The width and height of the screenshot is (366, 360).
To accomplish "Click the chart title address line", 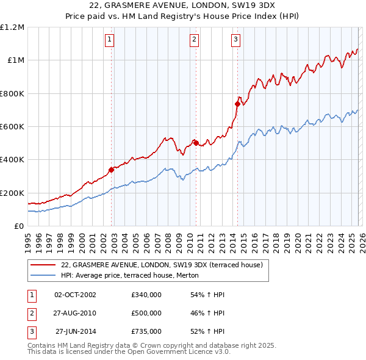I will [x=182, y=5].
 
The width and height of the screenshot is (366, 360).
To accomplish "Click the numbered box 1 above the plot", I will [x=109, y=40].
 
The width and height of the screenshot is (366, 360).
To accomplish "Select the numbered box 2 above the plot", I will [x=194, y=40].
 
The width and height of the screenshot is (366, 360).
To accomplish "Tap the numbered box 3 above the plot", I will [x=235, y=40].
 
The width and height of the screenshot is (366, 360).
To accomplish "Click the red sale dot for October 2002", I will [x=112, y=170].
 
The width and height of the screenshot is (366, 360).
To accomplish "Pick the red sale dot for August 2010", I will [x=196, y=143].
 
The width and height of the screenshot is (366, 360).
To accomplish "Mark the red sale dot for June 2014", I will [x=237, y=104].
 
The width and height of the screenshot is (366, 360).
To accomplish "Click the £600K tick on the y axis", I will [x=12, y=127].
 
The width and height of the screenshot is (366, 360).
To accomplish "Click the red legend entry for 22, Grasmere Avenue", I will [x=162, y=265].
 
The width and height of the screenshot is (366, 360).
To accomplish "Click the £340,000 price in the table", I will [x=146, y=295].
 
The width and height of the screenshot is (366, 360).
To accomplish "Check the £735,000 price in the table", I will [x=146, y=331].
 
